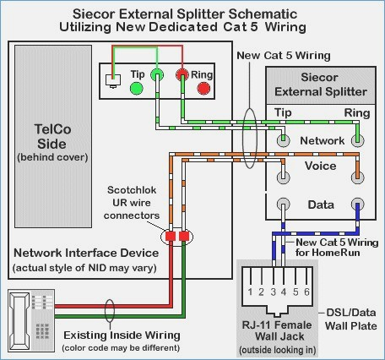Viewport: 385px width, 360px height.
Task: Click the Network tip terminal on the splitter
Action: point(283,140)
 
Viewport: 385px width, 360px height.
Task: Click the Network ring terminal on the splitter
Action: point(357,140)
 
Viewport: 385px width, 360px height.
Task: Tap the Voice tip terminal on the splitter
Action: point(283,177)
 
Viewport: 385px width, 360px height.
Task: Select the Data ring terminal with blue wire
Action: point(357,205)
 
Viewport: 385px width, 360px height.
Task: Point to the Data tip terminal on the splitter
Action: point(283,205)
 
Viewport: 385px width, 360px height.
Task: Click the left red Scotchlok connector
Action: point(171,236)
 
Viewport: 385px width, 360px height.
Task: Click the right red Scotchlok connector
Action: point(184,236)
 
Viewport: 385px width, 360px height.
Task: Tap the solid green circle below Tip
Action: point(137,89)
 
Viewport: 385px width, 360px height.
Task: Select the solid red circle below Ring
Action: point(203,89)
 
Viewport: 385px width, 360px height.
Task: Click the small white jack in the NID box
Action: point(113,80)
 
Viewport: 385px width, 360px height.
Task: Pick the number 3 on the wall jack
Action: point(274,292)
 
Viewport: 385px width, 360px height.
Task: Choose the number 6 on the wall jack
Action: point(306,292)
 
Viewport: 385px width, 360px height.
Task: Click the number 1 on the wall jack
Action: point(250,292)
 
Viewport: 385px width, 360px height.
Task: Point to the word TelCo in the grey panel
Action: point(52,129)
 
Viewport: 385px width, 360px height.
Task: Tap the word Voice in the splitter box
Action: point(320,166)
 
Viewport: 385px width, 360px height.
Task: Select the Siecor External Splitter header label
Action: point(320,85)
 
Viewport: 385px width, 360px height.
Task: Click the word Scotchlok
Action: point(132,190)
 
